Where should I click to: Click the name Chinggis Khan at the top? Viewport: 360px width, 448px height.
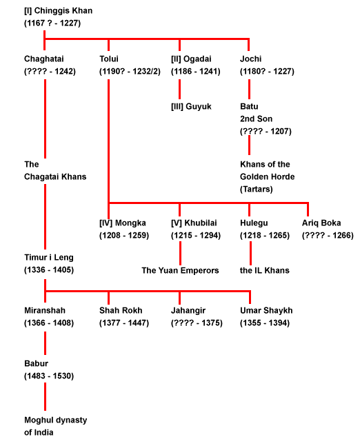[x=63, y=11]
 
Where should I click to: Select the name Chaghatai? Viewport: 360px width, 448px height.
[x=43, y=59]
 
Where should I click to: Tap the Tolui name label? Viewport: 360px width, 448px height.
[x=109, y=59]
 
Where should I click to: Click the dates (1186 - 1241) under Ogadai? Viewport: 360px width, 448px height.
[x=196, y=72]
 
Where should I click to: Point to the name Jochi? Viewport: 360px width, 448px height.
[x=250, y=59]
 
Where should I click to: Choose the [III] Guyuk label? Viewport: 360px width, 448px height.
[x=191, y=107]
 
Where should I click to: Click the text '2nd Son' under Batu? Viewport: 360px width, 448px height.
[x=256, y=119]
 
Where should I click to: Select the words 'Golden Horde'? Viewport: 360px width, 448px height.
[x=267, y=177]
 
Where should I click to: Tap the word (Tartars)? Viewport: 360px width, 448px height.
[x=256, y=189]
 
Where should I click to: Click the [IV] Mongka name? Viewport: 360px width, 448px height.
[x=122, y=223]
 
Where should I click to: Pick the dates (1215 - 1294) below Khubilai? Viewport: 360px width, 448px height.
[x=196, y=236]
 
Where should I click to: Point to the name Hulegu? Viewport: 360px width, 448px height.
[x=254, y=223]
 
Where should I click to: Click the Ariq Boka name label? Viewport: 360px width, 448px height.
[x=321, y=223]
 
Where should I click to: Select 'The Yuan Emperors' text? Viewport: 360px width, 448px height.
[x=180, y=271]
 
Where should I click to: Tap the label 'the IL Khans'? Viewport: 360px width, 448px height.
[x=265, y=271]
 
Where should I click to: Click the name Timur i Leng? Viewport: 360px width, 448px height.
[x=48, y=258]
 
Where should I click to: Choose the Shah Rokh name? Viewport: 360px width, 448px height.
[x=121, y=311]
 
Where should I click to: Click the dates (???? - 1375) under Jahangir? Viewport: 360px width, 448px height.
[x=197, y=323]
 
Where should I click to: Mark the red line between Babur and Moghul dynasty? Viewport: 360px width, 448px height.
[x=46, y=396]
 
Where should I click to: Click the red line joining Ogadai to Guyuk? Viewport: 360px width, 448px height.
[x=179, y=89]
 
